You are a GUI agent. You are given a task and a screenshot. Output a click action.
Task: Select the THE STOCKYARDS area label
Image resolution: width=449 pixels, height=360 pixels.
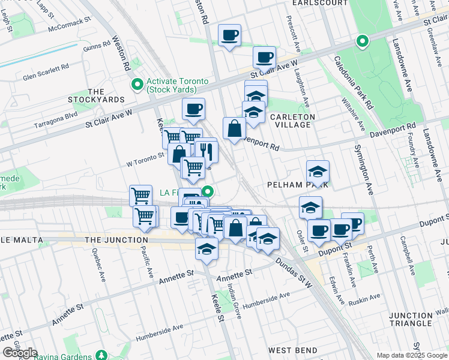(86, 95)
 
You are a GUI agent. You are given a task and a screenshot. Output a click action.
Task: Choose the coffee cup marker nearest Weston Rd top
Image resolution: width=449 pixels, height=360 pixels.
(229, 35)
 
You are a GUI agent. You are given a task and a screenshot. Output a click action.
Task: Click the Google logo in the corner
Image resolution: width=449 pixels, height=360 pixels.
(19, 352)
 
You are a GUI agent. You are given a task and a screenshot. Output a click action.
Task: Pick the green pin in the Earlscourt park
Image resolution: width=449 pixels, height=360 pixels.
(361, 41)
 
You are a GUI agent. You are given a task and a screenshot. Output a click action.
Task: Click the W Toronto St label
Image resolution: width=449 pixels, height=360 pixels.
(144, 158)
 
